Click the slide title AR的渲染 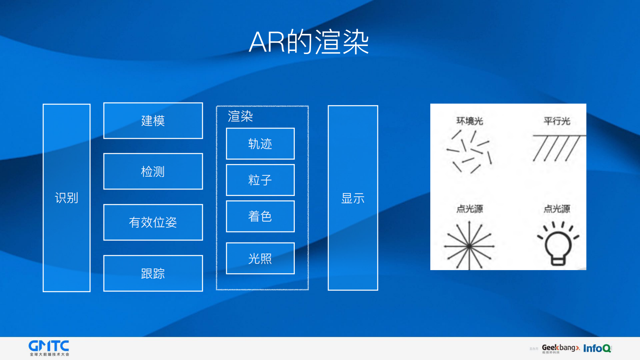coord(309,42)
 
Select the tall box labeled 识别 coord(67,198)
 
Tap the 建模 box coord(153,121)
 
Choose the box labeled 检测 coord(153,171)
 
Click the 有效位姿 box coord(153,222)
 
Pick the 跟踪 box coord(153,273)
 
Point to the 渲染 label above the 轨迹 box coord(240,116)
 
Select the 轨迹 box coord(260,144)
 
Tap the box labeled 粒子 coord(260,180)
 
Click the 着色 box coord(260,216)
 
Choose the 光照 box coord(260,258)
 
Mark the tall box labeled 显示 coord(353,198)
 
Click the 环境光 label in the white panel coord(469,121)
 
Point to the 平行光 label coord(557,121)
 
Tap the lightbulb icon coord(558,244)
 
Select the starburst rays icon coord(469,246)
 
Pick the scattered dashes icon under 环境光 coord(469,151)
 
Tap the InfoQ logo coord(597,348)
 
